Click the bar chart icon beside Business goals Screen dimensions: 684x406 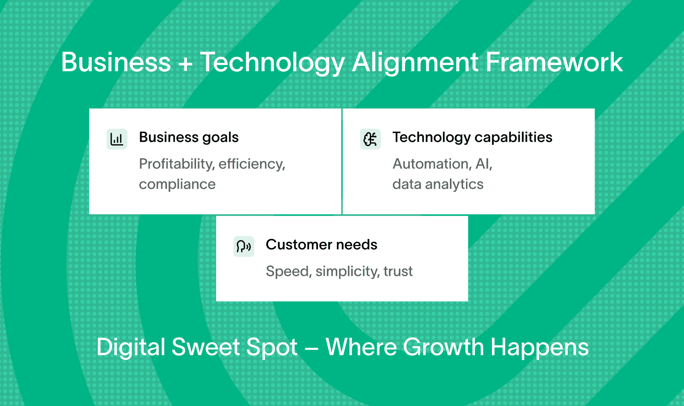point(117,139)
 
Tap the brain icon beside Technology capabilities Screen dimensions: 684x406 point(370,139)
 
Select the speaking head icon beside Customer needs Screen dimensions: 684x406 point(244,246)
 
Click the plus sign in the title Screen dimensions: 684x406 point(185,63)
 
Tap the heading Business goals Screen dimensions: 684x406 point(189,137)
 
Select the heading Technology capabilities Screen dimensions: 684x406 point(472,137)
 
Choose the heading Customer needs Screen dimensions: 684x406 point(321,244)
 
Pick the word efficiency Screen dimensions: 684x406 point(252,164)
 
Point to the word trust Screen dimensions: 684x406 point(398,271)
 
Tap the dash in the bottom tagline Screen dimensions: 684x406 point(311,348)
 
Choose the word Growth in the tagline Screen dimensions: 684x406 point(443,347)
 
